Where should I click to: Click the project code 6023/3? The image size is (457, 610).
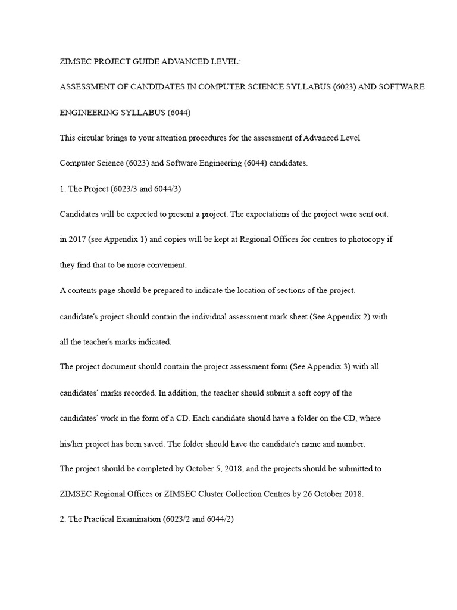point(121,188)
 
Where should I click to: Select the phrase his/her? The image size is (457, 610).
point(72,444)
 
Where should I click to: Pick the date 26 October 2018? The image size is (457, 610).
point(334,494)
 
